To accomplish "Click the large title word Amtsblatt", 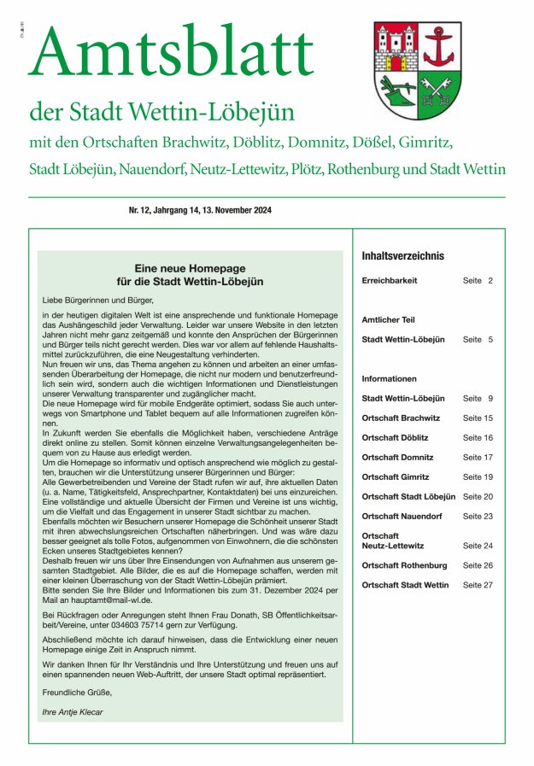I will [171, 53].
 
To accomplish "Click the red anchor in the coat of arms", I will [442, 48].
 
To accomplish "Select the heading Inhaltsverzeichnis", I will [403, 255].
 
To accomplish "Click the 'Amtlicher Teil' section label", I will [389, 319].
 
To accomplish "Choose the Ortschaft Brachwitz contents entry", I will [402, 418].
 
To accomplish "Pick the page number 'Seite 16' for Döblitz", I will [478, 437].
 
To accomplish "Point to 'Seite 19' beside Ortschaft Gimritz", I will [478, 477].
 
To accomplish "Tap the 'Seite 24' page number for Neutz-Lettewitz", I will [478, 545].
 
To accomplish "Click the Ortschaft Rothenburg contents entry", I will [404, 565].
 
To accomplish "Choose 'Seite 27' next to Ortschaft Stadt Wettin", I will [478, 585].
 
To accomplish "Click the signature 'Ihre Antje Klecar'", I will [73, 710].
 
